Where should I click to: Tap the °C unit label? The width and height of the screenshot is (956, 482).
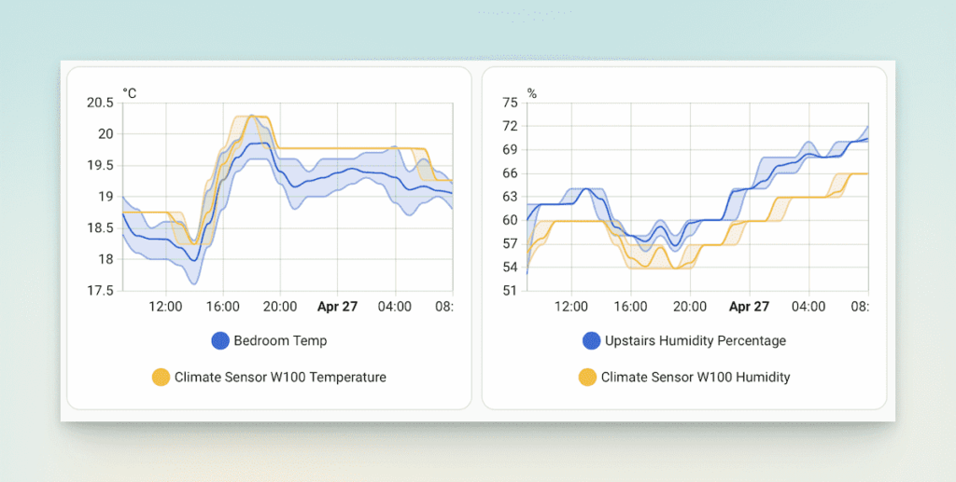(129, 93)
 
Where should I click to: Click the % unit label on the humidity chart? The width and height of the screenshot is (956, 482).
(532, 93)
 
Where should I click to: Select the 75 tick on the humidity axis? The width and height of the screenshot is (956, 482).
(509, 103)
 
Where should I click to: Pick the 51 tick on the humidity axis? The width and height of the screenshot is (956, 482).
(509, 291)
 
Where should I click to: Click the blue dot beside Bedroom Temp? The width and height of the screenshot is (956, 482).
(220, 341)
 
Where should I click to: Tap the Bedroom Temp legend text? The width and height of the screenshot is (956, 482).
(280, 341)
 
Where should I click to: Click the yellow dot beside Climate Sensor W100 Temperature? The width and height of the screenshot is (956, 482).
(161, 378)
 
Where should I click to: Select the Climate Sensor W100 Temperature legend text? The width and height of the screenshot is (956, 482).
(280, 378)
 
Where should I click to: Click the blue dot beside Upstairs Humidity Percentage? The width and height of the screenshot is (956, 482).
(591, 341)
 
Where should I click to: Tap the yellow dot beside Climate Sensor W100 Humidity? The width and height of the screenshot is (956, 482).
(587, 378)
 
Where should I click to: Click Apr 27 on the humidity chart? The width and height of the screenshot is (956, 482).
(749, 306)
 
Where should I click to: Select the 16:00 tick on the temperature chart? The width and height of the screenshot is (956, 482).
(222, 306)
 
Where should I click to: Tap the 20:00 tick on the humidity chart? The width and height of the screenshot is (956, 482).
(690, 306)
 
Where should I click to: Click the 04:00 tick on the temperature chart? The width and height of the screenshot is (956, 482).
(395, 306)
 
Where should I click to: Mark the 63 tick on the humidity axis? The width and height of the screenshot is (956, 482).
(509, 197)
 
